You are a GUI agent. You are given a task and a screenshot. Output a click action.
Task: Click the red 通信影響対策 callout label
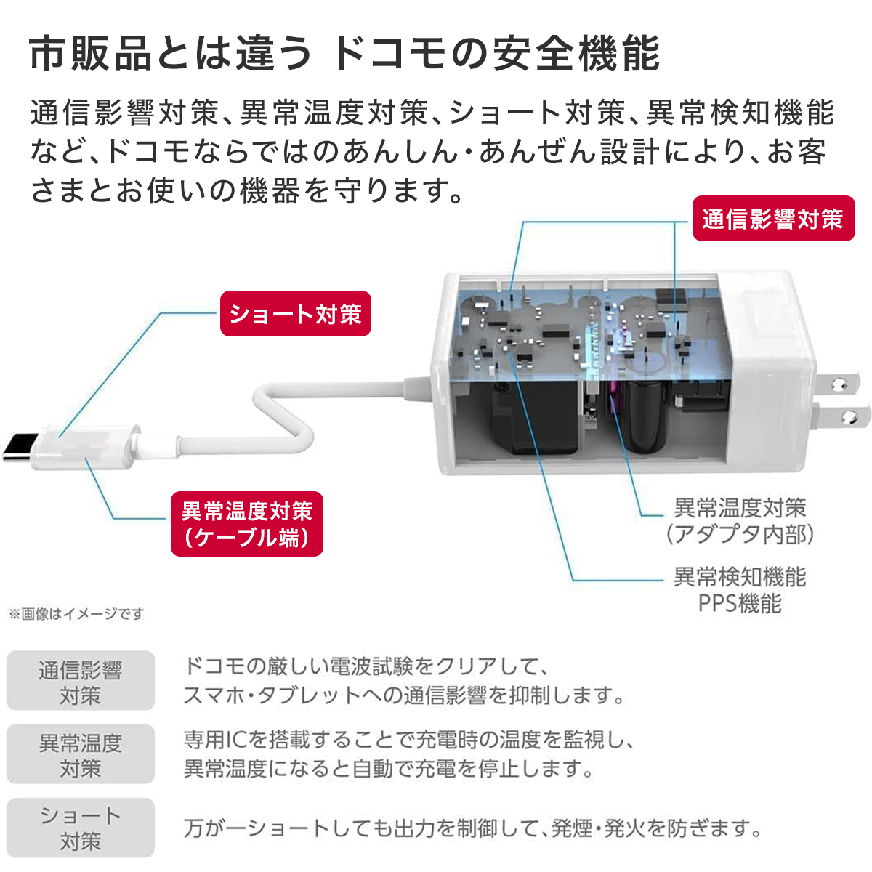point(772,219)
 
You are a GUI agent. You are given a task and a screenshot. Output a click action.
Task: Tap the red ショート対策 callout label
point(295,314)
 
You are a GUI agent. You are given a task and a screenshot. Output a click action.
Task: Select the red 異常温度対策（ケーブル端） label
point(246,524)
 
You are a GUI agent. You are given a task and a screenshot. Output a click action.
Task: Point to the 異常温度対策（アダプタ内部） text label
point(739,521)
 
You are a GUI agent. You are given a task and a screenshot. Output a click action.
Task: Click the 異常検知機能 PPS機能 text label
point(739,590)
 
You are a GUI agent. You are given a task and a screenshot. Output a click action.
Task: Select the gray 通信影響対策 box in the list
point(81,681)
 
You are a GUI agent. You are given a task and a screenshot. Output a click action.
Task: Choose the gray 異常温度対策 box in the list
point(81,754)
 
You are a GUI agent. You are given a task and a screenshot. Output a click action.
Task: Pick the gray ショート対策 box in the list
point(81,828)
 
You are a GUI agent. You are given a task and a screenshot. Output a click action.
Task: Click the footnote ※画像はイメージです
point(76,614)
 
